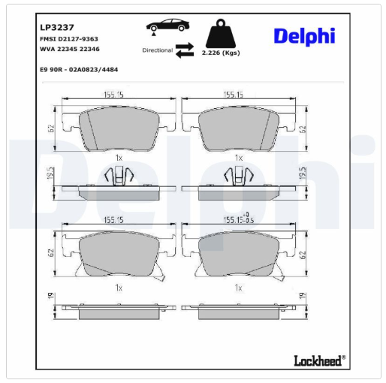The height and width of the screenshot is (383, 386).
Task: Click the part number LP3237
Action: click(x=57, y=27)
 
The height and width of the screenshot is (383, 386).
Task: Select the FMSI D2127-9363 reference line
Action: click(x=69, y=39)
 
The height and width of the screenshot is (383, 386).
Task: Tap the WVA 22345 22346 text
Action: click(x=70, y=49)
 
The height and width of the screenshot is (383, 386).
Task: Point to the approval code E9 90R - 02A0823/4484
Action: click(x=79, y=70)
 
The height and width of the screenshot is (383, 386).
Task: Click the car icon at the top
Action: click(x=167, y=26)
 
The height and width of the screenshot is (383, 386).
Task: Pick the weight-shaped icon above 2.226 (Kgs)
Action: click(x=221, y=34)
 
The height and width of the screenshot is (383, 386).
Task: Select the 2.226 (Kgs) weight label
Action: click(x=221, y=53)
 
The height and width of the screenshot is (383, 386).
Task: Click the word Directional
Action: click(x=158, y=50)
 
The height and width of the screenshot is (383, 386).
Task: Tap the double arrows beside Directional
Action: click(x=185, y=50)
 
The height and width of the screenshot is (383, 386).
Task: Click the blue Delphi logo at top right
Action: click(x=304, y=37)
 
